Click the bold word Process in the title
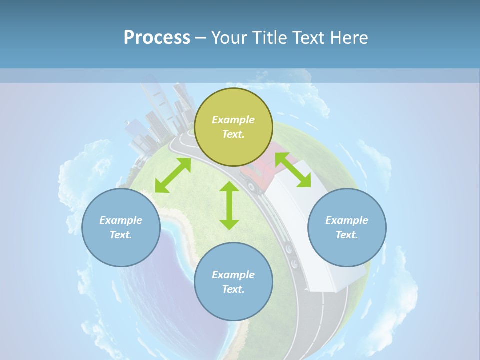[157, 38]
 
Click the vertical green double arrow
[229, 205]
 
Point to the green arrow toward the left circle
[173, 175]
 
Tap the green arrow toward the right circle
[293, 170]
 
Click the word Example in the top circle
[233, 120]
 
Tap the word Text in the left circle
[121, 235]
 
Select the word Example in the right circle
[347, 220]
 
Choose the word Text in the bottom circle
[233, 289]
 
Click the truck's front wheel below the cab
[252, 187]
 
